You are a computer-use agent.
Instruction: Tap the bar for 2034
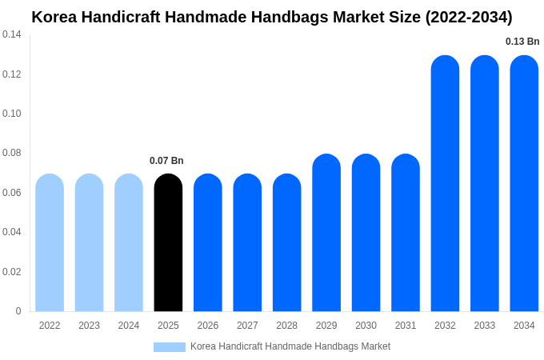tap(524, 183)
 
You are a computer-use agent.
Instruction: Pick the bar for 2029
tap(326, 233)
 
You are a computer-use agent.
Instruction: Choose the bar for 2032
tap(445, 183)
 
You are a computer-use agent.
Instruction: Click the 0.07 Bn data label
tap(166, 161)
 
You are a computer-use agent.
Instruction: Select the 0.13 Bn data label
tap(522, 42)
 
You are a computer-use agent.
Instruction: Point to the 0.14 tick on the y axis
tap(12, 34)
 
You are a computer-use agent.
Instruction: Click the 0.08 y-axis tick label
tap(12, 153)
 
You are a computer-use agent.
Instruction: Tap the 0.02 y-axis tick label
tap(12, 272)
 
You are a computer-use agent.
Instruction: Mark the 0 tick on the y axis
tap(18, 311)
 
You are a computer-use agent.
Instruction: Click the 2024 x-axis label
tap(129, 326)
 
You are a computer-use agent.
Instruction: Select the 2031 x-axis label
tap(406, 326)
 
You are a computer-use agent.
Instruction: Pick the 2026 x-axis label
tap(208, 326)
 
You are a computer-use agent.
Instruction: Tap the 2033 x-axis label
tap(485, 326)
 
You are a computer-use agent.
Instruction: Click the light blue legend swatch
tap(169, 347)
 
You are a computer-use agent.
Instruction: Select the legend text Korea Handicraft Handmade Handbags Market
tap(290, 346)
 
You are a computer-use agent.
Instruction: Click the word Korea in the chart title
tap(54, 17)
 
